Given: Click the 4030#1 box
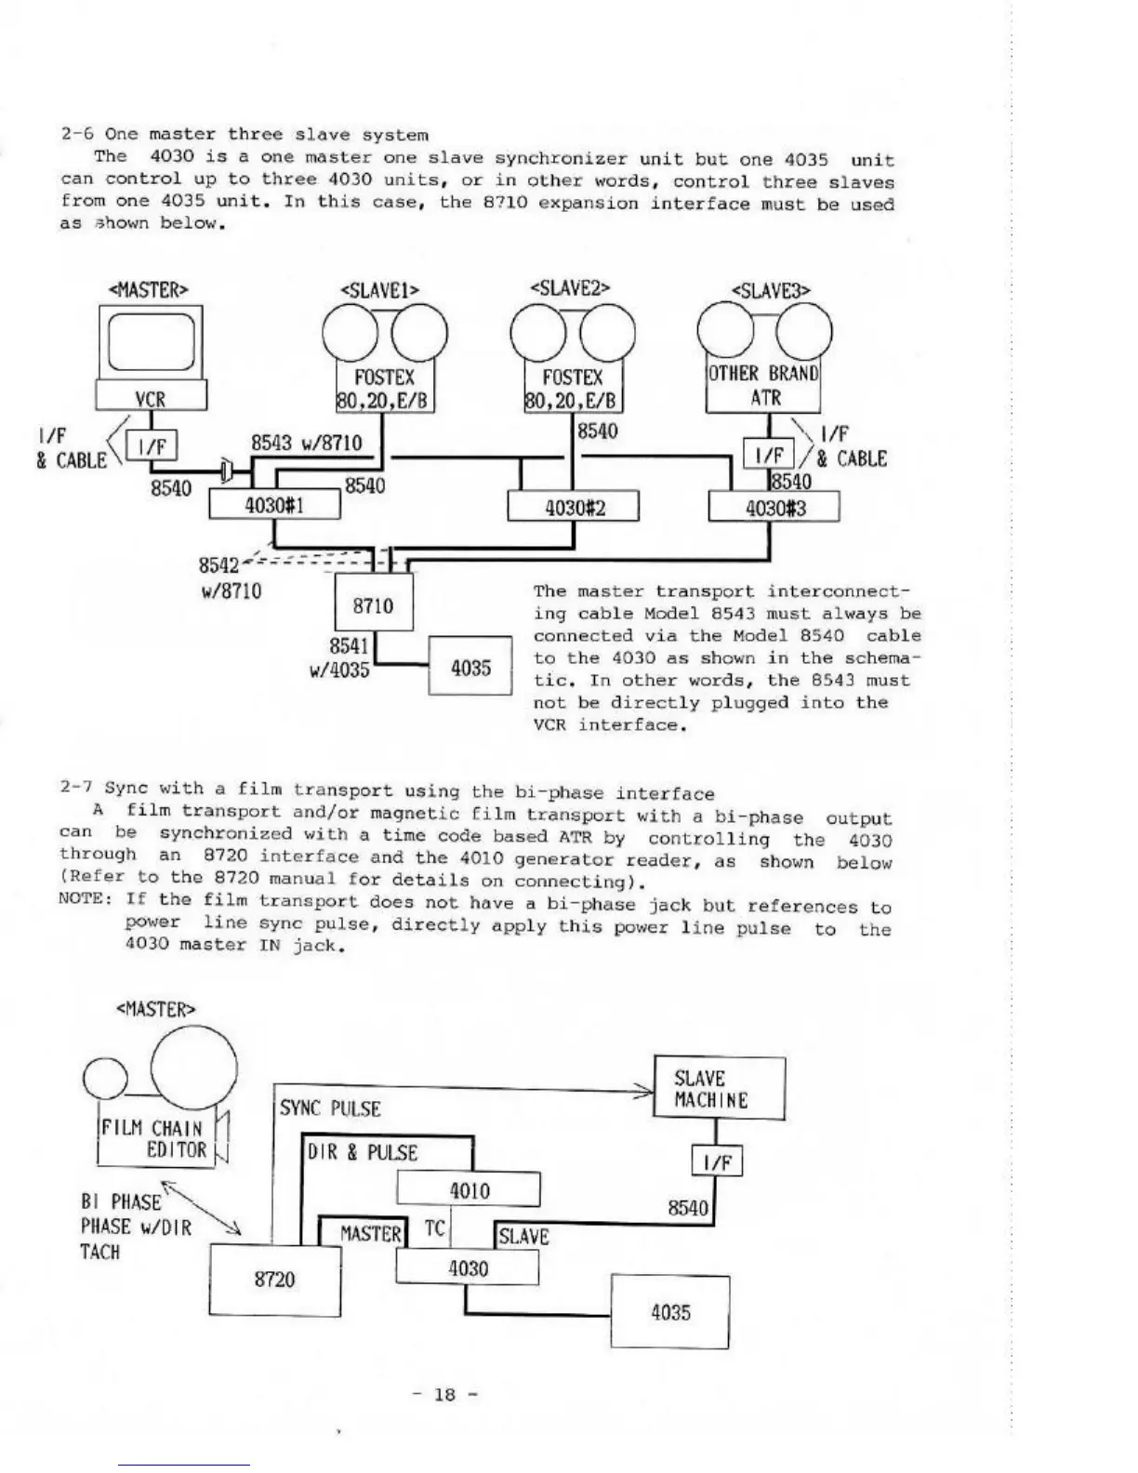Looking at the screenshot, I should pos(274,505).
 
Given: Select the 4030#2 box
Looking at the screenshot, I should pos(574,508).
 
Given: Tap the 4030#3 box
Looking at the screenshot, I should pos(774,508).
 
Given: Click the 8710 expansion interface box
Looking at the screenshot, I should pos(373,605).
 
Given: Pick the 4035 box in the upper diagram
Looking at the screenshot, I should pos(470,666).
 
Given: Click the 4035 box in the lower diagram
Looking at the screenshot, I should pos(670,1312).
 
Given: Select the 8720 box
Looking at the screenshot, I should pos(274,1280).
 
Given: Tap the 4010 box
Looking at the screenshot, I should pos(469,1190).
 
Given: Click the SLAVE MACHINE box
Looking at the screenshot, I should pos(720,1089).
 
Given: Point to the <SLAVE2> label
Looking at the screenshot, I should pos(569,287).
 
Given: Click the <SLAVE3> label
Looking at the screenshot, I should pos(772,290).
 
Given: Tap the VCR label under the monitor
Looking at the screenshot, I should pos(150,399).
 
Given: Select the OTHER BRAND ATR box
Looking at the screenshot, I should pos(763,386).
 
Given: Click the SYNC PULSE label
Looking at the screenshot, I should pos(330,1108).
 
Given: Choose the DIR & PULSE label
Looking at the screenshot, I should pos(363,1153).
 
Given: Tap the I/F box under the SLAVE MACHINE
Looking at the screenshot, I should pos(717,1161).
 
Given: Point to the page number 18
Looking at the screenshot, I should pos(445,1394).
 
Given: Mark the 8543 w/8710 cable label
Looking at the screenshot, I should pos(307,444).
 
